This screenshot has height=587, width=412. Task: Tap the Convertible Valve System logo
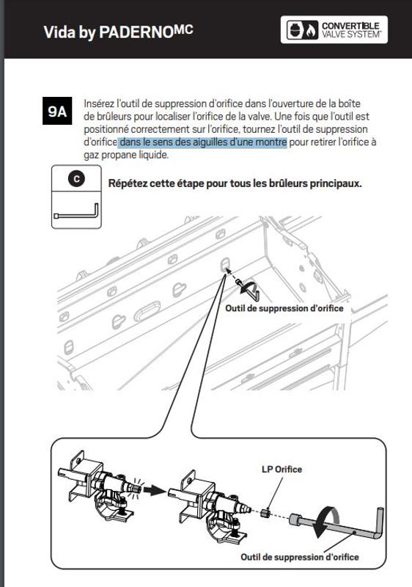point(334,31)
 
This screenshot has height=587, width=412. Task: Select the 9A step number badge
point(58,112)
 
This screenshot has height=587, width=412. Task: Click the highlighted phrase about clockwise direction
point(202,142)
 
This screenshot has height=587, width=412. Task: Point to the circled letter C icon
point(76,178)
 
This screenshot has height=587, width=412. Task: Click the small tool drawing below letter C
point(76,213)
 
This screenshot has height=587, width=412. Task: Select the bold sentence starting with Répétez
point(235,183)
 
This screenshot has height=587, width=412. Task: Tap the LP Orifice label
point(282,469)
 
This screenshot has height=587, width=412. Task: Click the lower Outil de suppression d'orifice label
point(300,557)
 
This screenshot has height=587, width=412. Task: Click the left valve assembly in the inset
point(98,492)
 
